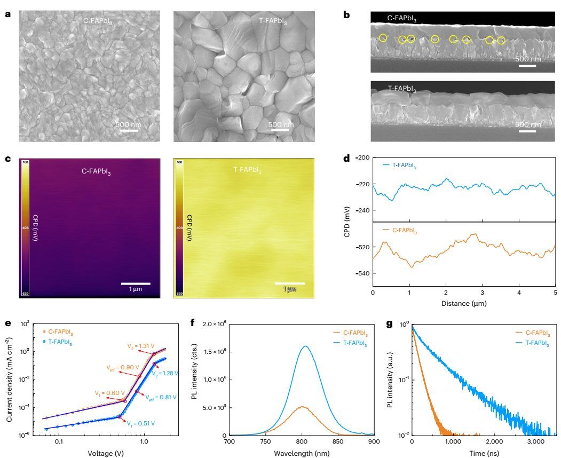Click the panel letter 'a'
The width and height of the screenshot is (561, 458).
(x=7, y=14)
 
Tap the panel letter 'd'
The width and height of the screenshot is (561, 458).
(x=347, y=159)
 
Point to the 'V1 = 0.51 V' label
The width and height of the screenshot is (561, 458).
(x=141, y=423)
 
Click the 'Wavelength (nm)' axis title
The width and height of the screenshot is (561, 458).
(x=301, y=453)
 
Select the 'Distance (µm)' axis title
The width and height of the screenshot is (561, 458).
(x=464, y=303)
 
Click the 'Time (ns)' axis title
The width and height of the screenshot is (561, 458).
(x=484, y=453)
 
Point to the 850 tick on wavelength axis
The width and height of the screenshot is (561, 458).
(x=337, y=442)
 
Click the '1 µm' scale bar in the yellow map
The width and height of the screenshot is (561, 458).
(x=290, y=283)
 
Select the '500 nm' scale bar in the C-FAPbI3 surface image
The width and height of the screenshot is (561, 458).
(x=125, y=130)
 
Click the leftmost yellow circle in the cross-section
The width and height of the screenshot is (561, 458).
(x=383, y=37)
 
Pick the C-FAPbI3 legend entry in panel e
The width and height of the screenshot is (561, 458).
(x=53, y=332)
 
